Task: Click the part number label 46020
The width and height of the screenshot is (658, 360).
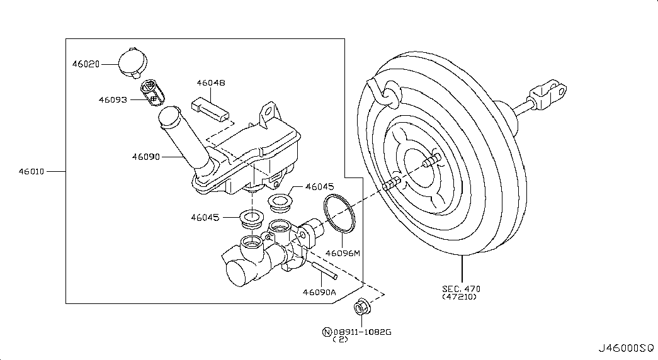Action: point(86,64)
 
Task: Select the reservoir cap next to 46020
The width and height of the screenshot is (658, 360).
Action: point(133,63)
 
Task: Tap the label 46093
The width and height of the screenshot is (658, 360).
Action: point(113,100)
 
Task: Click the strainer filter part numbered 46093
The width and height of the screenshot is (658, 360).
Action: point(152,92)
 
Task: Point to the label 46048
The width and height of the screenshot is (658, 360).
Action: point(211,82)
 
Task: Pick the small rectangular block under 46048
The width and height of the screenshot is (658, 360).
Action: point(210,110)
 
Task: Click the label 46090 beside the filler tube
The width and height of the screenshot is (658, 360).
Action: point(146,157)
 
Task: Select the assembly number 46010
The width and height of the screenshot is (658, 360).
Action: point(31,171)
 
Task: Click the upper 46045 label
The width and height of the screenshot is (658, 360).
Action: point(319,187)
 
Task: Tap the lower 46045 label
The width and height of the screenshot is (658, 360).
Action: point(205,217)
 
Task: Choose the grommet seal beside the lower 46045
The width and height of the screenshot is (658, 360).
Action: point(251,220)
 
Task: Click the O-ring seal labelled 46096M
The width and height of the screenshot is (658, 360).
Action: point(339,213)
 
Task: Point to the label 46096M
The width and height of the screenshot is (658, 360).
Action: point(343,253)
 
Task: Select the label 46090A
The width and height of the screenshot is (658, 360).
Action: point(319,292)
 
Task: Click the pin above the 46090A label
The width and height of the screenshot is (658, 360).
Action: point(324,270)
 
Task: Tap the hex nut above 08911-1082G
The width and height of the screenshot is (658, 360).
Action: point(361,307)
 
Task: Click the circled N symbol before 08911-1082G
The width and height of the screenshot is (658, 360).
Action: point(327,332)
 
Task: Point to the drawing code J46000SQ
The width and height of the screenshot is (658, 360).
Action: point(626,348)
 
